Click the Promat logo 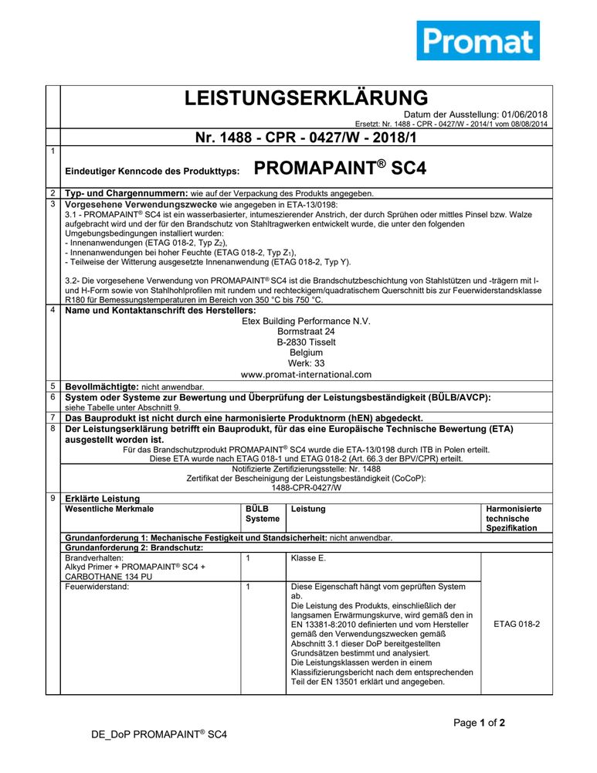(x=478, y=40)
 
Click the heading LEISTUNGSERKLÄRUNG (x=306, y=98)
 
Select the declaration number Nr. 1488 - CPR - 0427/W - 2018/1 (x=306, y=138)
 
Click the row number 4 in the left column (x=52, y=310)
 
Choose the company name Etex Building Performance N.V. (x=306, y=321)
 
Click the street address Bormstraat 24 (x=306, y=332)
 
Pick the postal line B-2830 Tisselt (x=306, y=342)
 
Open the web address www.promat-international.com (x=306, y=374)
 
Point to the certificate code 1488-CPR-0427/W (x=306, y=488)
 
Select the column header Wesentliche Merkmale (x=110, y=509)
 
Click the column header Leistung (x=308, y=509)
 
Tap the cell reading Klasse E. (x=309, y=557)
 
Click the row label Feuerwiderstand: (x=97, y=587)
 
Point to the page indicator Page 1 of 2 (x=479, y=724)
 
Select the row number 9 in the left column (x=52, y=499)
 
